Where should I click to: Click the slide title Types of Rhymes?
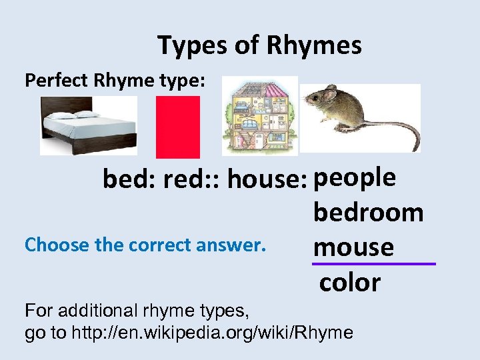tap(259, 45)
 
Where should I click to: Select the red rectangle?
tap(178, 127)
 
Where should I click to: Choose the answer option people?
tap(355, 178)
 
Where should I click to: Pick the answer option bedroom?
tap(368, 213)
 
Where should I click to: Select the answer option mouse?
tap(353, 247)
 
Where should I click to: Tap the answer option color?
tap(350, 283)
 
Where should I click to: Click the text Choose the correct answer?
tap(145, 245)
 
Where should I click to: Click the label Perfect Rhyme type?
tap(116, 81)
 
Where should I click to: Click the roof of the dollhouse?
tap(259, 87)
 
